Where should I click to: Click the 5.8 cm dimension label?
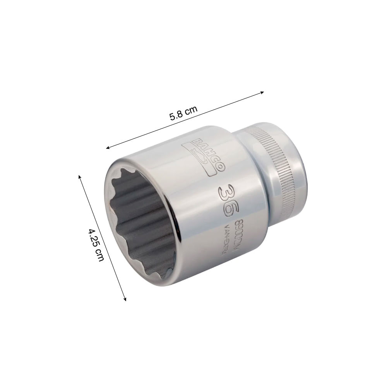coord(183,113)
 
